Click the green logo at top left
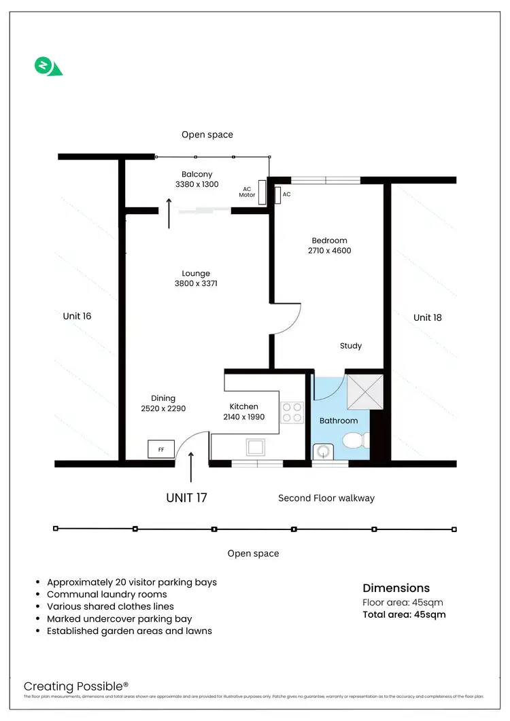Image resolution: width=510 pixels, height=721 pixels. click(x=46, y=67)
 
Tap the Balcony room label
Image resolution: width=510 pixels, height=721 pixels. click(x=197, y=175)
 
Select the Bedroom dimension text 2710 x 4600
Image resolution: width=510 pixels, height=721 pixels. click(x=329, y=251)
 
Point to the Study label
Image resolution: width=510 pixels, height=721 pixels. click(x=351, y=346)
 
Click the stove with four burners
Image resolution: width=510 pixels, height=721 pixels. click(x=292, y=412)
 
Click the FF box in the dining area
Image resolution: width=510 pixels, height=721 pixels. click(x=160, y=449)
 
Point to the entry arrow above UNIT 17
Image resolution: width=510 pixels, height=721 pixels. click(x=190, y=468)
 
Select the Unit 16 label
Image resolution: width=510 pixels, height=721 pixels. click(x=77, y=316)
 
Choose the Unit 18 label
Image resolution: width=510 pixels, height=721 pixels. click(x=427, y=317)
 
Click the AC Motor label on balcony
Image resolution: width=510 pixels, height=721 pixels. click(x=246, y=192)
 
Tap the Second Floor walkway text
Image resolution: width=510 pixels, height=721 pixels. click(x=326, y=498)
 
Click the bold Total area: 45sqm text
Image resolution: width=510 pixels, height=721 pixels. click(x=404, y=615)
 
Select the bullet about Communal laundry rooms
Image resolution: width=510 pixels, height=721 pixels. click(x=107, y=595)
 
